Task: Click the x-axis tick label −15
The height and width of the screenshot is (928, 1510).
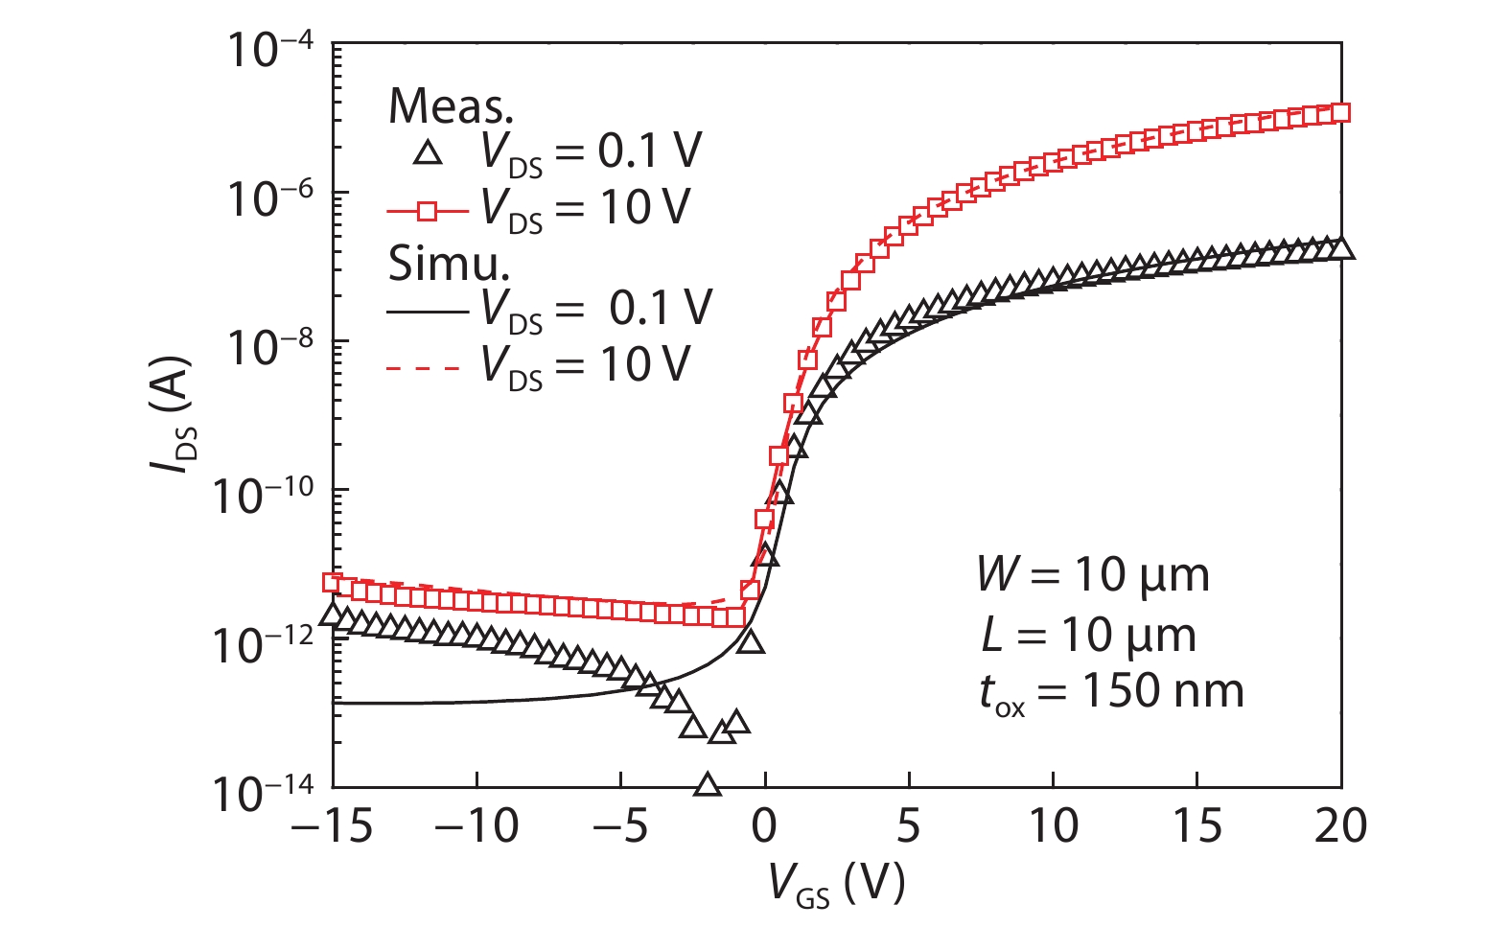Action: coord(331,825)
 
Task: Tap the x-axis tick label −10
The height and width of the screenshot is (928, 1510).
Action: coord(476,825)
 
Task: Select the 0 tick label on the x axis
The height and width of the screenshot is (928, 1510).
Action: coord(764,825)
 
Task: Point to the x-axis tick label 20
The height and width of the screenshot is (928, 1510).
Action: coord(1340,825)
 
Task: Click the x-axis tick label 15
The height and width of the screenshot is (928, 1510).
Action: coord(1196,825)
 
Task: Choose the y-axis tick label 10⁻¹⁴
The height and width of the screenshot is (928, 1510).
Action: coord(264,792)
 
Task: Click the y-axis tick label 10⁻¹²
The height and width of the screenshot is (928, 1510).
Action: coord(264,643)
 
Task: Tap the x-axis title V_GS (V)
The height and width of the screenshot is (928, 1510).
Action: coord(836,884)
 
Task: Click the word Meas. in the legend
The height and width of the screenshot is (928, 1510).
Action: coord(451,105)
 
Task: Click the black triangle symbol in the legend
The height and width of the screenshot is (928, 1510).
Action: coord(428,152)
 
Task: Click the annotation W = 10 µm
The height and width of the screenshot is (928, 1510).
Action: coord(1093,575)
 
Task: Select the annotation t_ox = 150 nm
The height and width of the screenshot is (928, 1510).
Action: coord(1110,692)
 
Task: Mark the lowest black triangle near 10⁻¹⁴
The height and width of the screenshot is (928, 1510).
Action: coord(708,785)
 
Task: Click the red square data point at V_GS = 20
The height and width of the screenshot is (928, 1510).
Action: coord(1340,113)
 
